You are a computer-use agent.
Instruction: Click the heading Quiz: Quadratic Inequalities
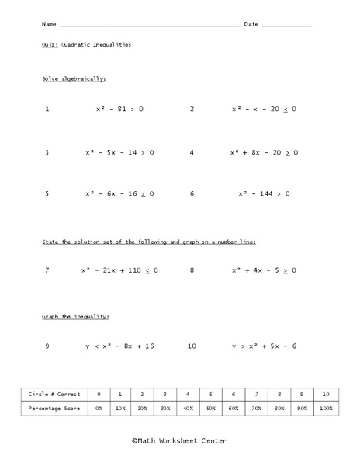[86, 45]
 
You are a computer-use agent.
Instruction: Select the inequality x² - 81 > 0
[119, 109]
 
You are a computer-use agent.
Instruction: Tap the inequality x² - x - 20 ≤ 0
[264, 109]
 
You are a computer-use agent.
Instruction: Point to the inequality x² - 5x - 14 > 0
[119, 152]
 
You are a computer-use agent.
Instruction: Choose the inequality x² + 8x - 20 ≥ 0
[264, 152]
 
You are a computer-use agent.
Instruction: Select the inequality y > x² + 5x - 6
[264, 346]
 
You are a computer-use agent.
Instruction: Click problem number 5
[47, 193]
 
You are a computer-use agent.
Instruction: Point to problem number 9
[47, 346]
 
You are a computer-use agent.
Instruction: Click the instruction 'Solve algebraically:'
[74, 79]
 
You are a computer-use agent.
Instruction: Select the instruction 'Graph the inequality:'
[75, 317]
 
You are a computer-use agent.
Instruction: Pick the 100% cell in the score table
[326, 408]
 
